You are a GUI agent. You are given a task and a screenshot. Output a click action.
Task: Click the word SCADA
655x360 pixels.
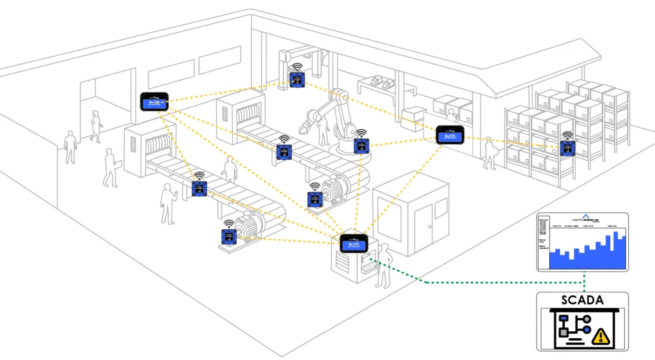pyautogui.click(x=581, y=299)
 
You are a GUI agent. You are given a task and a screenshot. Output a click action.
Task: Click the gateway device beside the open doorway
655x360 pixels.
pyautogui.click(x=154, y=101)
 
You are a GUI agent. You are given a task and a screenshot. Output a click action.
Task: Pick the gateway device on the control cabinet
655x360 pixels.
pyautogui.click(x=354, y=244)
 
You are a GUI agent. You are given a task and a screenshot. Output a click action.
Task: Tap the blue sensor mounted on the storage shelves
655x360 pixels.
pyautogui.click(x=566, y=148)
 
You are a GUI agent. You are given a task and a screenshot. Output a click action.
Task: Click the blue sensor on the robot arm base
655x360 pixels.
pyautogui.click(x=361, y=146)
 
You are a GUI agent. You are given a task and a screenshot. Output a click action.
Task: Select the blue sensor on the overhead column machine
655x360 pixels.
pyautogui.click(x=296, y=79)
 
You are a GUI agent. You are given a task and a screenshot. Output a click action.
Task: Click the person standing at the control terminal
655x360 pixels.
pyautogui.click(x=383, y=265)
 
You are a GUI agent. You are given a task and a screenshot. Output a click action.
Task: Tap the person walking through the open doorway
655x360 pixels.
pyautogui.click(x=97, y=126)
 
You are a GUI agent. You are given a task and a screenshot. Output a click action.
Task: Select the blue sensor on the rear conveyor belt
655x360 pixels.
pyautogui.click(x=284, y=152)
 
